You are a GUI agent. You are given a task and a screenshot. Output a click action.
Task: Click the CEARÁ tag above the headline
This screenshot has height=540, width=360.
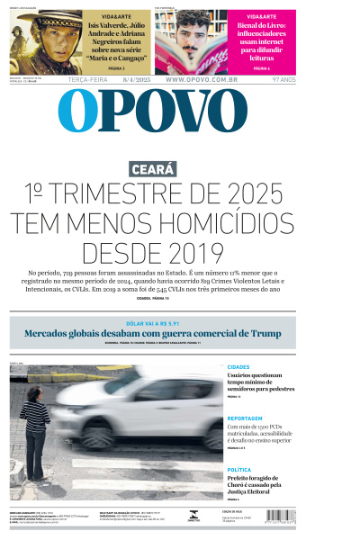click(x=153, y=168)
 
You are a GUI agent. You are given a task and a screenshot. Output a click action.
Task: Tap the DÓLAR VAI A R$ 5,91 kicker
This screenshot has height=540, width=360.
click(x=180, y=322)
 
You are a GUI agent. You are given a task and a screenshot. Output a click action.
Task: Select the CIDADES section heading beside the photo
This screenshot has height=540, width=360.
click(x=238, y=367)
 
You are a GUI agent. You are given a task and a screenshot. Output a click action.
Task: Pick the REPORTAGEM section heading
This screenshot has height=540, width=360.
click(x=245, y=418)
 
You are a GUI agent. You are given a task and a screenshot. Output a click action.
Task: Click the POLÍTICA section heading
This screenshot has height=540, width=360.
click(x=239, y=469)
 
